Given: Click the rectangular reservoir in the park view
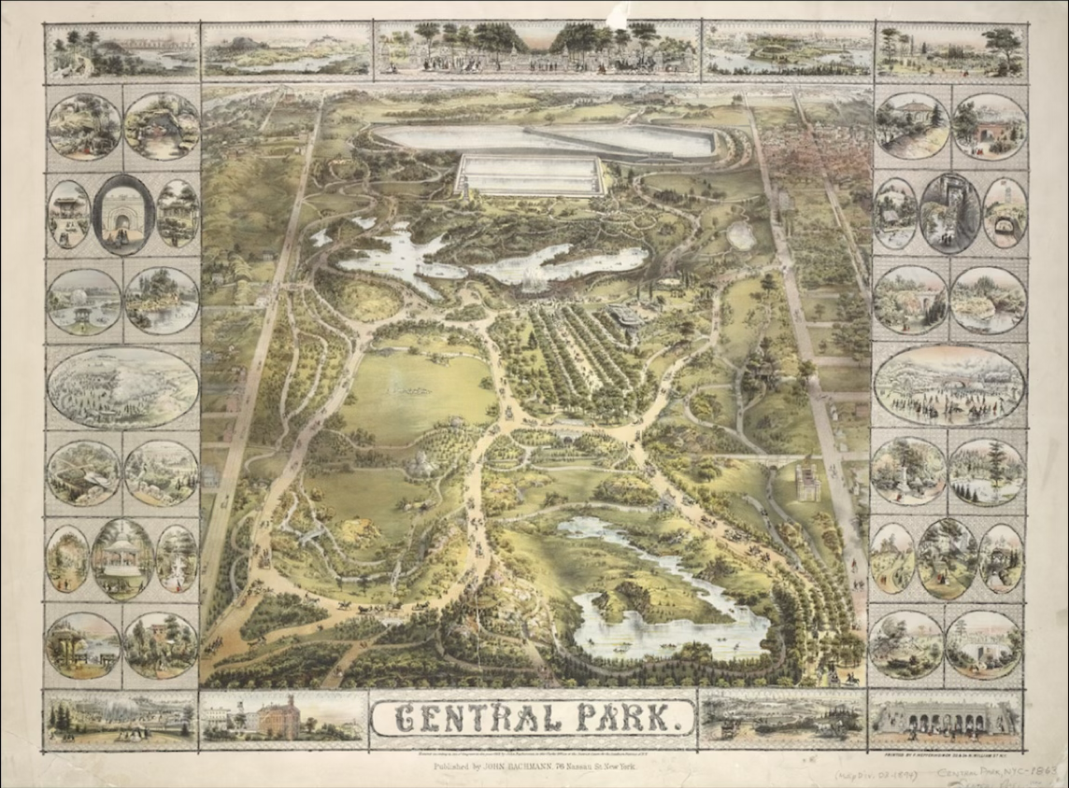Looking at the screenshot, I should pos(530,174).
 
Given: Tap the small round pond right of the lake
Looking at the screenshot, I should pos(741,234).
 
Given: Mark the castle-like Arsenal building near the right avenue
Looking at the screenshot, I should pos(805,483).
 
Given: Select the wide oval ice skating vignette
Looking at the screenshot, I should pos(948,385).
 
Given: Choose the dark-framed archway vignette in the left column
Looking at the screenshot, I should pos(123,215).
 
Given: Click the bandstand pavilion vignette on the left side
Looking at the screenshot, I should pos(122,559).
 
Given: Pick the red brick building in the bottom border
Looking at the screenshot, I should pos(278,718).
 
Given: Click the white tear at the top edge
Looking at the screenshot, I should pos(617,16).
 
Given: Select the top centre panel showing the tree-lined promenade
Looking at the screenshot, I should pos(537,49).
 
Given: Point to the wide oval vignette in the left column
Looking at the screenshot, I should pos(122,387).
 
